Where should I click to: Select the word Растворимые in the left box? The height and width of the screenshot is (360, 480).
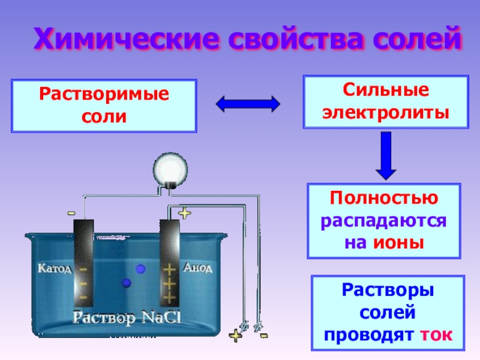tap(104, 95)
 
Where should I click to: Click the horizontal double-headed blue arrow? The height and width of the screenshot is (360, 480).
tap(248, 104)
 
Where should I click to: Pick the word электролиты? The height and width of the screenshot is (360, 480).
tap(386, 112)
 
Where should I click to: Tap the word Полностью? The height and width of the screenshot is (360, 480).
tap(385, 199)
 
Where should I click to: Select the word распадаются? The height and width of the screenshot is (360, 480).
tap(385, 221)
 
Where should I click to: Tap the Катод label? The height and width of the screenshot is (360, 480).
tap(55, 268)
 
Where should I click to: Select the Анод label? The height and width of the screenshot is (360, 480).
tap(197, 268)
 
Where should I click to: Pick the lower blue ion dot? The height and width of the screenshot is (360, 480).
tap(127, 283)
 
